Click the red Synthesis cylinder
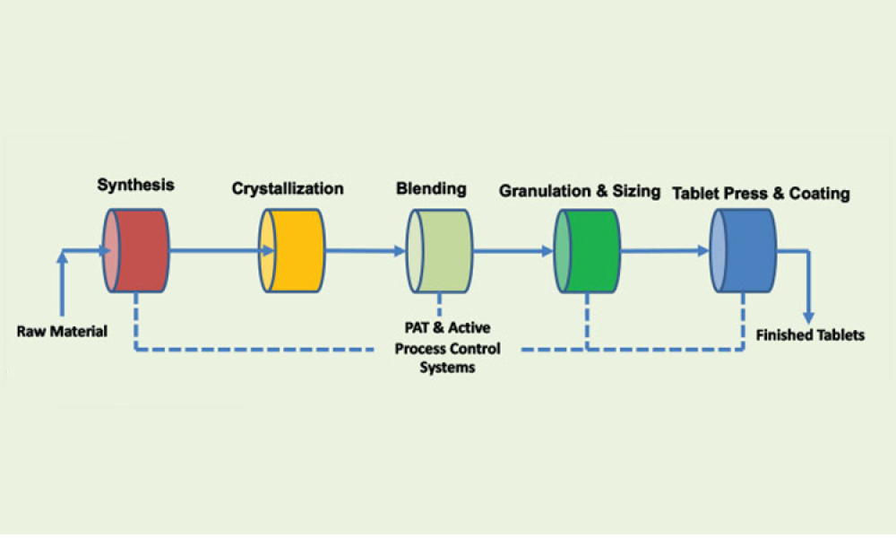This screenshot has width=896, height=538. [x=135, y=250]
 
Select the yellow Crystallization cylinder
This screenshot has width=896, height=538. [x=293, y=250]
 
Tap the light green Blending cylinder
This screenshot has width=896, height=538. [x=440, y=250]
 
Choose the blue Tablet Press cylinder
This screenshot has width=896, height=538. [x=744, y=250]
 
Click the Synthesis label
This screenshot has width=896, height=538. [x=135, y=186]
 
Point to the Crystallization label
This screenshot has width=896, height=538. [x=288, y=188]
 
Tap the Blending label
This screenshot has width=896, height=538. [x=431, y=188]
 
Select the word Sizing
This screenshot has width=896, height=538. [x=635, y=191]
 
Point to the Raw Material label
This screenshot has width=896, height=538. [x=62, y=331]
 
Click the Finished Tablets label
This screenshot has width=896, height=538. [x=811, y=335]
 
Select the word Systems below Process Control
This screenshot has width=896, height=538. [x=448, y=367]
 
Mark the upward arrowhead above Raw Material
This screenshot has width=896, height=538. [x=61, y=257]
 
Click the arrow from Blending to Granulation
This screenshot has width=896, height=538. [x=513, y=251]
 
